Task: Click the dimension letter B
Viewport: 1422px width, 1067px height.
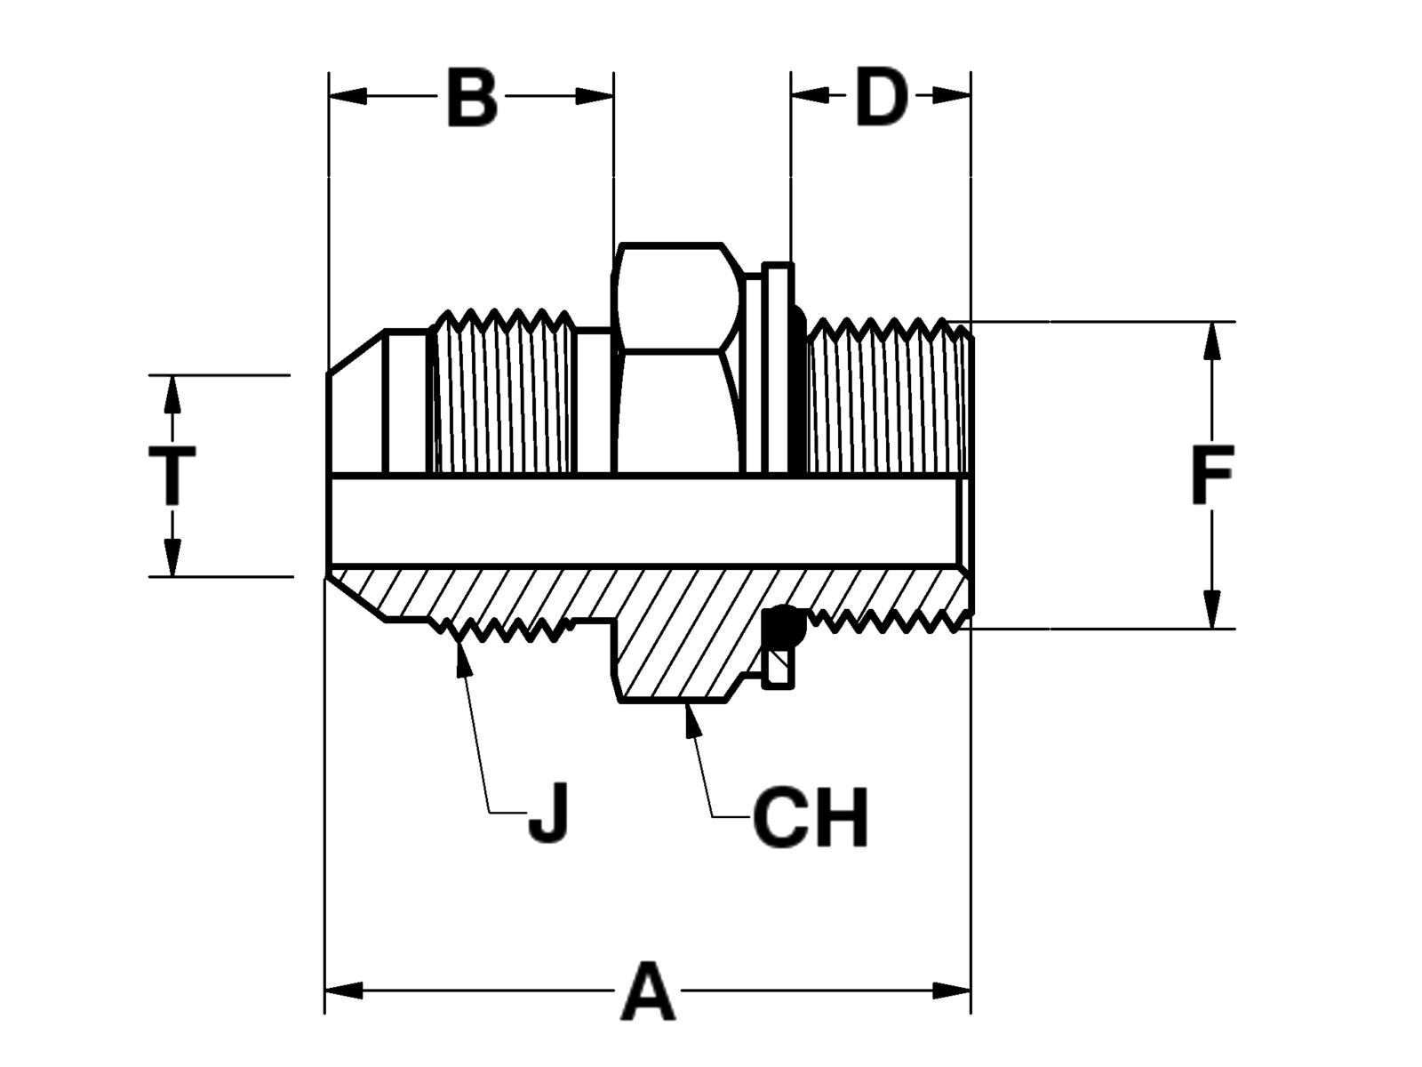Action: click(472, 97)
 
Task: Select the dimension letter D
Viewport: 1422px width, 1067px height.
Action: click(881, 97)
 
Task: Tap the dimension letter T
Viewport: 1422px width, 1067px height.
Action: click(172, 475)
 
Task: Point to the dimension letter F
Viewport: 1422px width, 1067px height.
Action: click(1212, 475)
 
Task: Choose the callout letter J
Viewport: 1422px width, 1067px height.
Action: click(549, 813)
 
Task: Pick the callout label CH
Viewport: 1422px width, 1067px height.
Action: click(810, 816)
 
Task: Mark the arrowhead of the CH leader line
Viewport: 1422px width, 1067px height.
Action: click(692, 720)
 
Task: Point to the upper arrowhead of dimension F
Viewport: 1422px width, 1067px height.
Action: click(1212, 341)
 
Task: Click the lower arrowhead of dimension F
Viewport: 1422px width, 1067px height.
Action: click(1212, 609)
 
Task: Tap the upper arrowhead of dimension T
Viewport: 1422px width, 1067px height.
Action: click(172, 394)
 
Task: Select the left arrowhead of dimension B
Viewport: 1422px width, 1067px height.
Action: click(348, 96)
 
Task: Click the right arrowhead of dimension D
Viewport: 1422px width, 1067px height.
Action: click(952, 96)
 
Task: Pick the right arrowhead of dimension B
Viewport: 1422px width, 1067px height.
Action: click(595, 96)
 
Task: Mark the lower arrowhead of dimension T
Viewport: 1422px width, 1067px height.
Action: click(172, 558)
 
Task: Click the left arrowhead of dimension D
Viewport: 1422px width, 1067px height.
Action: click(810, 96)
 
